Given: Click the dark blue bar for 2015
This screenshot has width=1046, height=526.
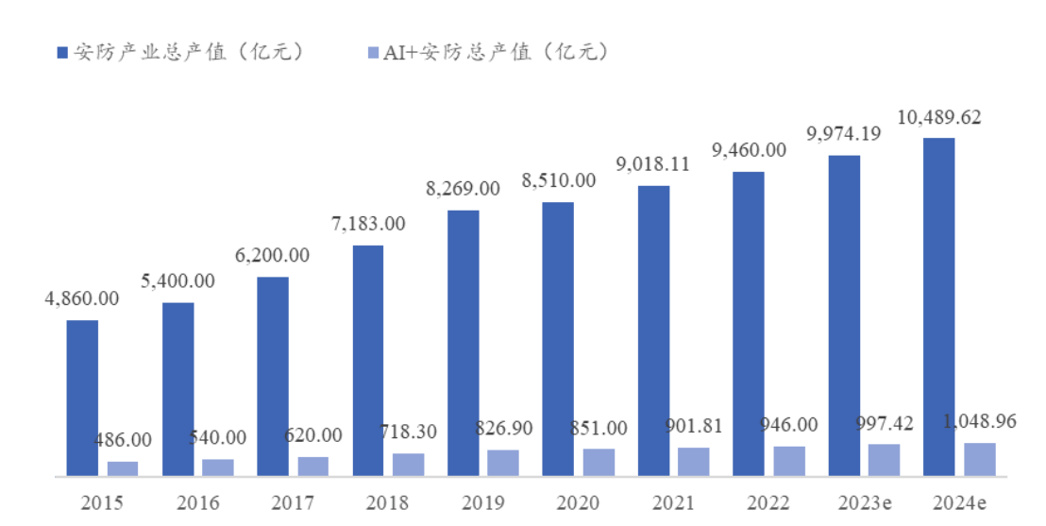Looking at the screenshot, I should (82, 398).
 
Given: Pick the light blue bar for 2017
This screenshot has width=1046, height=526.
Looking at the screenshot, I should (312, 466).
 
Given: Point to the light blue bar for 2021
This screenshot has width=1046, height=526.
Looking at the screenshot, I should (693, 461).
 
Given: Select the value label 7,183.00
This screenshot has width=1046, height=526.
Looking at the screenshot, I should (368, 224).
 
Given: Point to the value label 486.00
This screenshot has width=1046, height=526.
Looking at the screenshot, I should (123, 439).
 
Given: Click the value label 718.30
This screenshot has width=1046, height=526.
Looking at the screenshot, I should (408, 433).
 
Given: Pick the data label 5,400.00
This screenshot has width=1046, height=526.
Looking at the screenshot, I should (177, 280).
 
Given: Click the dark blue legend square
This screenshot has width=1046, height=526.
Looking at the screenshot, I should (62, 53).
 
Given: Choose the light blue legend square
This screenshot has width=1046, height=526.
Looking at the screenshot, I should (373, 53).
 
